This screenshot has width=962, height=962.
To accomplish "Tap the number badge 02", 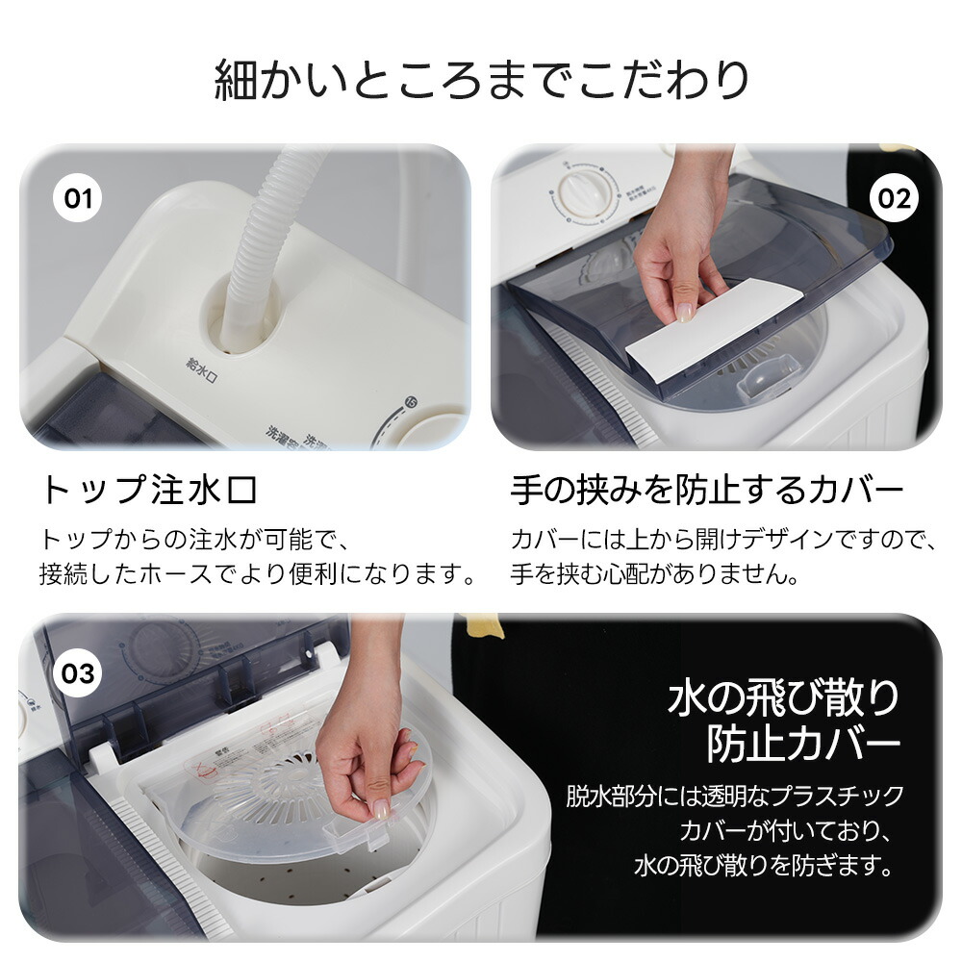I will click(893, 198).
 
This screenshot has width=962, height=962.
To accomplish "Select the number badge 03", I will click(77, 672).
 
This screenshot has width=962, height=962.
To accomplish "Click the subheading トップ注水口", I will click(150, 491).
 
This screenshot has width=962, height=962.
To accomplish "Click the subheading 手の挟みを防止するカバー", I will click(707, 491).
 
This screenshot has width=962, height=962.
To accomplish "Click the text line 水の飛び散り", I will click(783, 696).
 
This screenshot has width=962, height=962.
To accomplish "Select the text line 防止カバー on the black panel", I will click(803, 744).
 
